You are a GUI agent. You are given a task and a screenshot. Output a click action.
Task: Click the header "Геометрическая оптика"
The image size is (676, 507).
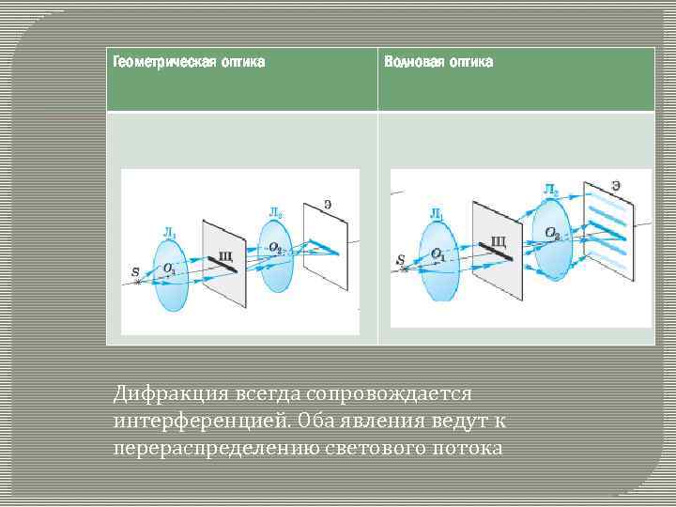(x=188, y=63)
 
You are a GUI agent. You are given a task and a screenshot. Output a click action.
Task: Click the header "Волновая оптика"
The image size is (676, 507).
(x=438, y=63)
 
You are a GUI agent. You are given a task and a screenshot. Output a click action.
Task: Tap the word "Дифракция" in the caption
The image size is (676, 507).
(x=161, y=390)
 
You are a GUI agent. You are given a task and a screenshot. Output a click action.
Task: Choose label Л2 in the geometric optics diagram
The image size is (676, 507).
(x=275, y=213)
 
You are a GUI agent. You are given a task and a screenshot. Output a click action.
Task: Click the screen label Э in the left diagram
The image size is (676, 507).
(x=327, y=204)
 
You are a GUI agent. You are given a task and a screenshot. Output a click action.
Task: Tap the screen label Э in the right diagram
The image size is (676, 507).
(x=615, y=186)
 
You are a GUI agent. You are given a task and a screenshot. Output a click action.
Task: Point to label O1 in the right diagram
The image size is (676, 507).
(x=438, y=254)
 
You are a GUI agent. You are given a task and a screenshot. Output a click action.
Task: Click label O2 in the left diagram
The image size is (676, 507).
(x=274, y=248)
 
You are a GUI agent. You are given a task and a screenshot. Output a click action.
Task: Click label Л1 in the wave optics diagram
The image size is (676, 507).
(x=437, y=214)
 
